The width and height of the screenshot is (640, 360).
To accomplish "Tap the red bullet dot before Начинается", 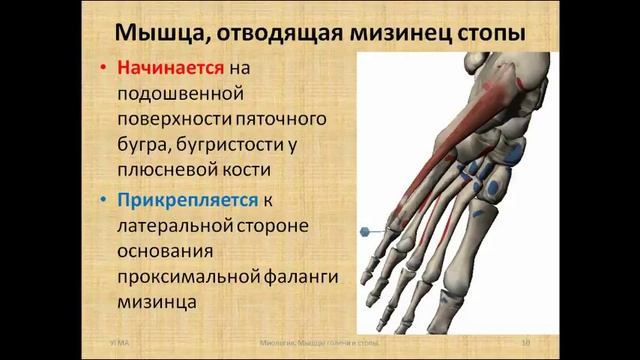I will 105,71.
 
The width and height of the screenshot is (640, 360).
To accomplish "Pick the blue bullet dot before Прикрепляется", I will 105,200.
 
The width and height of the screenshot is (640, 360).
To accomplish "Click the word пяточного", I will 264,121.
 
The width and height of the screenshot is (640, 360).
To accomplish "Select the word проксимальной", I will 188,275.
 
